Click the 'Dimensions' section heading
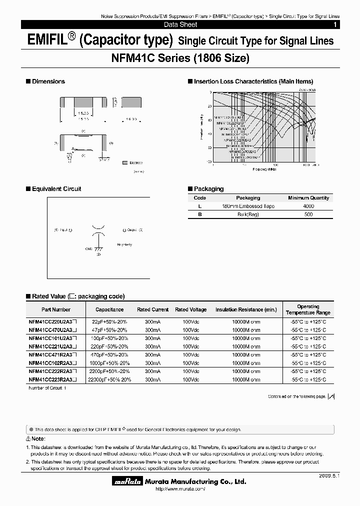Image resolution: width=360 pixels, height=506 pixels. [x=48, y=81]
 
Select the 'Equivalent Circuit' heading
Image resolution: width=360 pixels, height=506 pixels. [x=56, y=189]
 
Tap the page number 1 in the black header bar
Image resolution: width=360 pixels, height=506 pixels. [x=335, y=24]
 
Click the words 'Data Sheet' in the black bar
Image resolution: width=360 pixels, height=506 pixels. [x=180, y=24]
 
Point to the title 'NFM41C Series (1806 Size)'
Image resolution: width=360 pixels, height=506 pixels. [x=180, y=58]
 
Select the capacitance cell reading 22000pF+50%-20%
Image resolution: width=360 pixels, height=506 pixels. [x=109, y=379]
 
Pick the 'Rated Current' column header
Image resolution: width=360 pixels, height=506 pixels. [x=153, y=309]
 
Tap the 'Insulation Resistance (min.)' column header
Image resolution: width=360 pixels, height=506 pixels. [x=246, y=309]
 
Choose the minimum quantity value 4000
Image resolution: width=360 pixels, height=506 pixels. [x=308, y=206]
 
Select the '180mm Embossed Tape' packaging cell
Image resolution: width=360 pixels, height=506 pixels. [x=248, y=206]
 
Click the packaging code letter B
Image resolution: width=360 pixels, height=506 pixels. [x=199, y=214]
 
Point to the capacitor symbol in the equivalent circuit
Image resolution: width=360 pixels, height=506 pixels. [x=98, y=230]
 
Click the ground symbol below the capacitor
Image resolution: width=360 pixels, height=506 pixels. [x=98, y=248]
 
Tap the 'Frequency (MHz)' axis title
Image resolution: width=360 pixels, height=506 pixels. [x=264, y=169]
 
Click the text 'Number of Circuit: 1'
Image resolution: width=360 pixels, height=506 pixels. [x=47, y=387]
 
